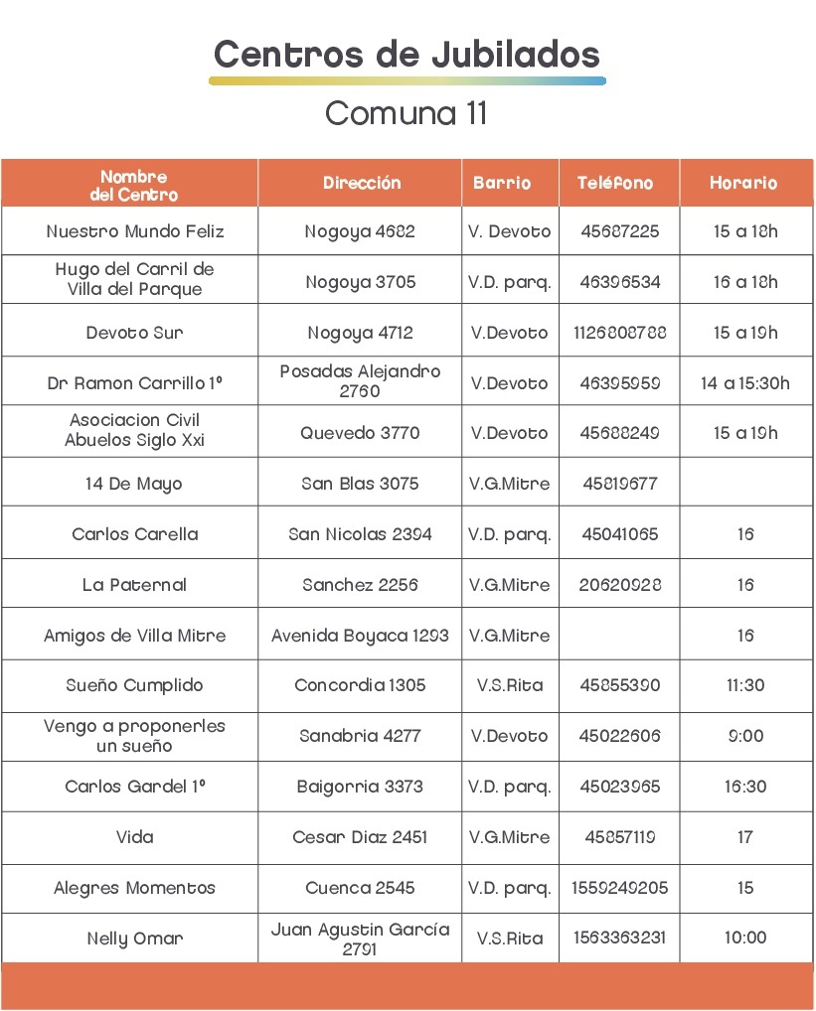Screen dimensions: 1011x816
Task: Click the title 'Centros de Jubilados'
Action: coord(407,53)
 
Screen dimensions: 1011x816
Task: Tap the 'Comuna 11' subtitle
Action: coord(407,113)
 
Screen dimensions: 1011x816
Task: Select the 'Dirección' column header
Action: coord(362,183)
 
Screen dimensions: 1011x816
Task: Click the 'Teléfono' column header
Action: coord(615,183)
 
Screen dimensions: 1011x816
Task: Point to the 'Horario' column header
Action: coord(743,183)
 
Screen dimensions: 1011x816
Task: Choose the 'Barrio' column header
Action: coord(502,183)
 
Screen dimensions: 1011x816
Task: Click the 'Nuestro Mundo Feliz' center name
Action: coord(135,231)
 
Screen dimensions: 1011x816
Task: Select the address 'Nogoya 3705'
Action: coord(360,282)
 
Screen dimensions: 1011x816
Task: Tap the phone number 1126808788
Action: coord(619,333)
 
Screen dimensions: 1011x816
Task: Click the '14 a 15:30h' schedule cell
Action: coord(745,383)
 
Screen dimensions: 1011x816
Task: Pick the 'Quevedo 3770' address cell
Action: coord(360,433)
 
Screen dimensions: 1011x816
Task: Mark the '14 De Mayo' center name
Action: coord(133,484)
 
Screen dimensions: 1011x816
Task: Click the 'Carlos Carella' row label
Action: coord(135,534)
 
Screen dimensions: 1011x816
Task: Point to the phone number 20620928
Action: coord(620,585)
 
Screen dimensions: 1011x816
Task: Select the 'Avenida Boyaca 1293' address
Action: coord(360,636)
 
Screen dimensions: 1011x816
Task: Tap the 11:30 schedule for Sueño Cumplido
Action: coord(745,685)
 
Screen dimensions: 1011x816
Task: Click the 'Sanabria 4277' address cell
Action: coord(360,736)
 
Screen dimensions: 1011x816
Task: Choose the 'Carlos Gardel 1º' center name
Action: coord(135,787)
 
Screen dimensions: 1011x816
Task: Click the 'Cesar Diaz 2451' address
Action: coord(360,837)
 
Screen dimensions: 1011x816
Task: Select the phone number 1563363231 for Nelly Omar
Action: coord(619,938)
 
